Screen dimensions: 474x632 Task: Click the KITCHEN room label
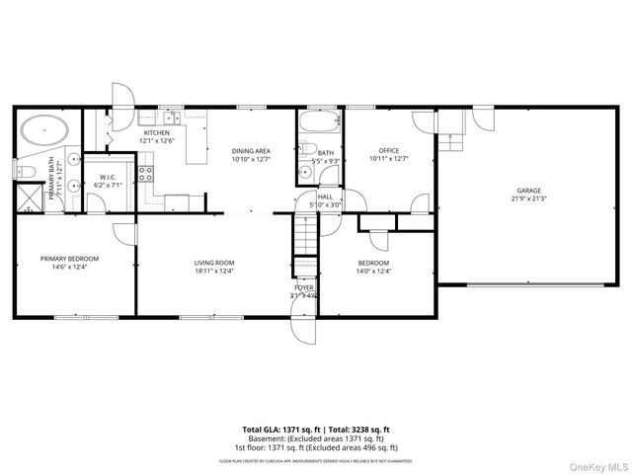157,132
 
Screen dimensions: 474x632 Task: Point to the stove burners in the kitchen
145,175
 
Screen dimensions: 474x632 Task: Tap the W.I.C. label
106,178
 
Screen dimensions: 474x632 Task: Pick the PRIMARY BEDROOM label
70,259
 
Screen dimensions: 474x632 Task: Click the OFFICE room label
388,150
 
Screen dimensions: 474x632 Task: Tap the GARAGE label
529,191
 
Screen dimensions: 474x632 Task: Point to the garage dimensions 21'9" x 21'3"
529,198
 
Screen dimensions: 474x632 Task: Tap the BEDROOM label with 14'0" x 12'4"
373,263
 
